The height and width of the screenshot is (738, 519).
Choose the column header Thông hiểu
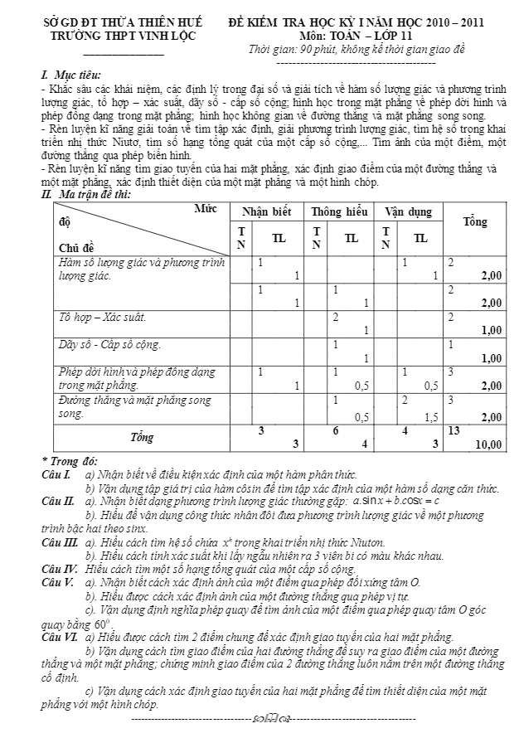coord(337,212)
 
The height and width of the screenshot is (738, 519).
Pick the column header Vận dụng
coord(407,212)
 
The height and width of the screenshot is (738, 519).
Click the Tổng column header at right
coord(475,222)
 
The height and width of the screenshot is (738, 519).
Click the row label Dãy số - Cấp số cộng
coord(109,344)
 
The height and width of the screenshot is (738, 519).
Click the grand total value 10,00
coord(487,445)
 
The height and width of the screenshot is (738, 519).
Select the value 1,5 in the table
coord(430,419)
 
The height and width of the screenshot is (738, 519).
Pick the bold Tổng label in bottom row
coord(135,435)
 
